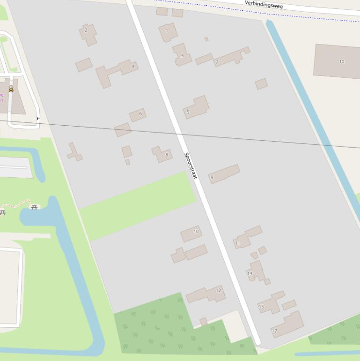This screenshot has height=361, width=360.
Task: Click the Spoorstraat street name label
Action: click(x=191, y=165)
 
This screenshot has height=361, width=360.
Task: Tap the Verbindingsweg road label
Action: click(x=264, y=4)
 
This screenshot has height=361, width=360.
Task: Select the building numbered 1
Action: click(x=167, y=31)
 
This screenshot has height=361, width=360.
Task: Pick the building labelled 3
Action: click(x=182, y=56)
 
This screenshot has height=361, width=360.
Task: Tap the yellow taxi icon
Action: click(x=11, y=89)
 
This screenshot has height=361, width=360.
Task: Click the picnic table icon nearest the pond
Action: click(x=34, y=207)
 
